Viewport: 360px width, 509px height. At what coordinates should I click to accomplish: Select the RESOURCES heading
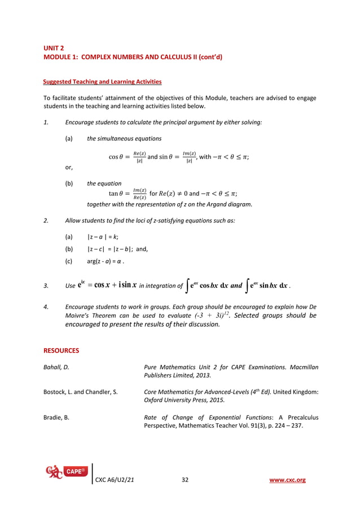click(x=62, y=350)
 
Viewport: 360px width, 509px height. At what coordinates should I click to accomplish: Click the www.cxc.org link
click(x=288, y=480)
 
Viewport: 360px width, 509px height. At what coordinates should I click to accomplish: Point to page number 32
click(x=185, y=480)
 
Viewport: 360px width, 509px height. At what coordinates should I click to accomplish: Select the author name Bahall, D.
click(x=56, y=367)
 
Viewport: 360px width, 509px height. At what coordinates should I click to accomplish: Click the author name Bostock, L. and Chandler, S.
click(x=81, y=392)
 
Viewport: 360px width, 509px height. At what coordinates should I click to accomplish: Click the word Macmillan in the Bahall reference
click(x=300, y=367)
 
